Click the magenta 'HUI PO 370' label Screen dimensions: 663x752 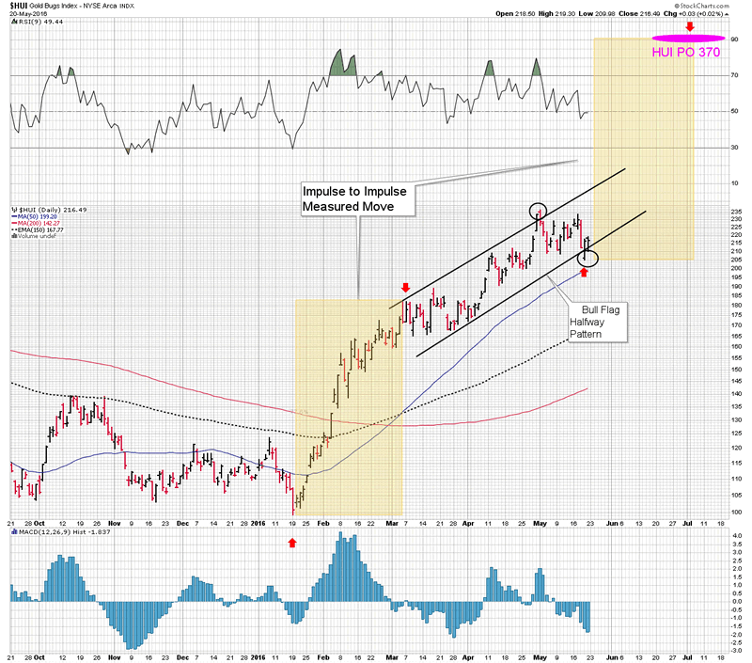tap(685, 53)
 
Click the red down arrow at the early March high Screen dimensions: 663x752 tap(405, 288)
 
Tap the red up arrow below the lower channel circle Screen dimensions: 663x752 tap(584, 272)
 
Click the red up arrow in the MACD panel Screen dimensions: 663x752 tap(292, 542)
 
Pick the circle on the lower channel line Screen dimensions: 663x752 tap(587, 255)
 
